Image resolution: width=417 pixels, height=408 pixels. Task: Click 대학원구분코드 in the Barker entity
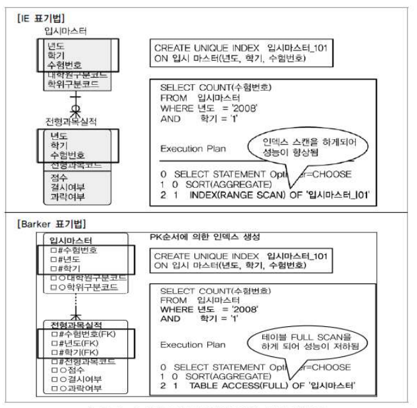coord(86,278)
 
